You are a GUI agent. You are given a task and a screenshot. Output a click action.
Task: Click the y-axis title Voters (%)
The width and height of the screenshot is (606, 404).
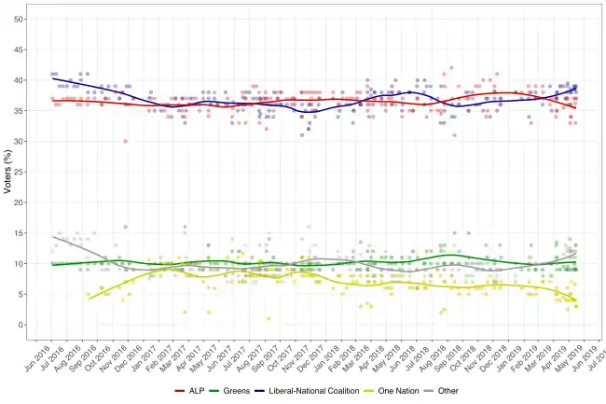(7, 173)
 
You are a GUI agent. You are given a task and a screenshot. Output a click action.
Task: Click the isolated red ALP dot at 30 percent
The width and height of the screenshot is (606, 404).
(125, 141)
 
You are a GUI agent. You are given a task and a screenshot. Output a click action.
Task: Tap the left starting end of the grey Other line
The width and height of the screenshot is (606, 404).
(52, 236)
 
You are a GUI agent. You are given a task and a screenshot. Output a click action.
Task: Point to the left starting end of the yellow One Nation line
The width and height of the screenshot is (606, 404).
(88, 298)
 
